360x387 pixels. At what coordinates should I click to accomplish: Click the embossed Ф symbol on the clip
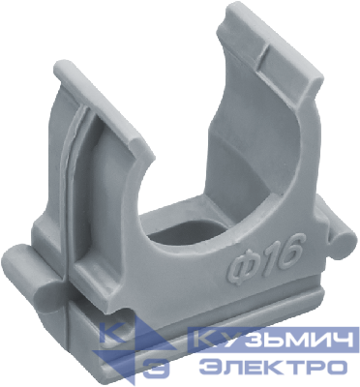click(241, 267)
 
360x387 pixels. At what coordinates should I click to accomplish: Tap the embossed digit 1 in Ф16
click(264, 257)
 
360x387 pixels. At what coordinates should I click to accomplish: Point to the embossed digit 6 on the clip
click(287, 251)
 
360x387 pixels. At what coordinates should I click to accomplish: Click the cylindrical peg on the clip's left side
click(31, 274)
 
